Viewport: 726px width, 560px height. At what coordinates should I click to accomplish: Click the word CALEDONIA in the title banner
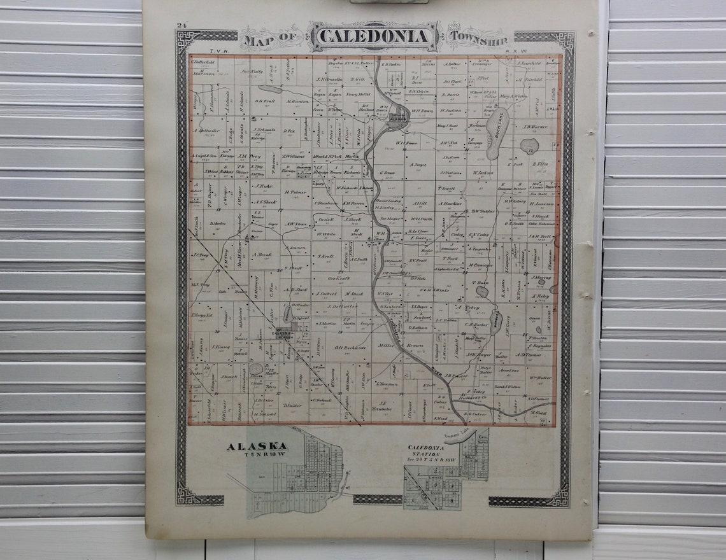click(x=374, y=36)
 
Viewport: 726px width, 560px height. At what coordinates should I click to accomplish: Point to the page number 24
click(x=181, y=25)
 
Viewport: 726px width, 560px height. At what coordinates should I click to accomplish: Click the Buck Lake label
click(x=498, y=133)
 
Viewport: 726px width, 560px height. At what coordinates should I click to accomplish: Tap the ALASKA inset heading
click(x=256, y=447)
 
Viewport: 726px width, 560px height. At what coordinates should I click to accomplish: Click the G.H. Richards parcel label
click(x=350, y=347)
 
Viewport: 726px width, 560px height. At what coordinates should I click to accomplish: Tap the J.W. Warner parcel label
click(x=535, y=126)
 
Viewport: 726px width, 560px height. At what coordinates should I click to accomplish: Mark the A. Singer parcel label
click(x=418, y=165)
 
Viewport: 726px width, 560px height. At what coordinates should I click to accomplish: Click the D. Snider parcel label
click(x=292, y=405)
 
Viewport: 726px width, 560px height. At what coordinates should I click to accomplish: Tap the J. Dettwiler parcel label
click(x=342, y=306)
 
